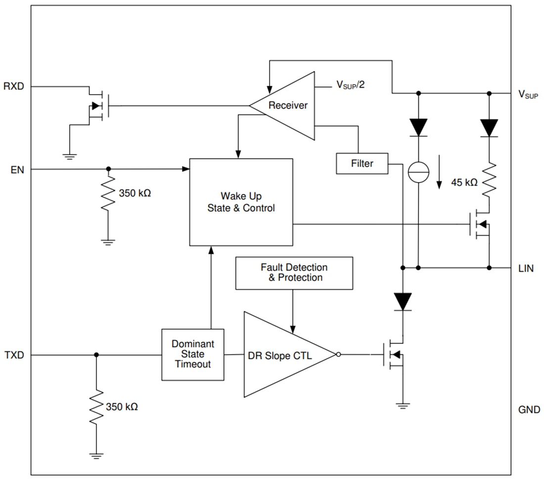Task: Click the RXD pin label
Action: [14, 87]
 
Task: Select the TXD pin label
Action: [14, 355]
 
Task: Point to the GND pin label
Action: [529, 410]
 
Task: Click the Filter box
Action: [362, 163]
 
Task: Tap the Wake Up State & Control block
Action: [241, 202]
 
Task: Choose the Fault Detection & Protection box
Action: [294, 273]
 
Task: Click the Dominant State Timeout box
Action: [192, 354]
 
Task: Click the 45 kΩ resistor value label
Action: [464, 183]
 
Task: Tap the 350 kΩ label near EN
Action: [135, 193]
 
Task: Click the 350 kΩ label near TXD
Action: [122, 407]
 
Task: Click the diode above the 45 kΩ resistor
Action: [490, 128]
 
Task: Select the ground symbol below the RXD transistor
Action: [70, 156]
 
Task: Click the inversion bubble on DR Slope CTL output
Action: [338, 354]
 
